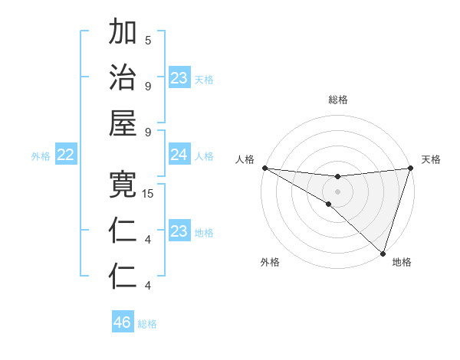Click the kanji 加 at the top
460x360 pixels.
pos(123,33)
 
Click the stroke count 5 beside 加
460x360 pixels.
pos(148,41)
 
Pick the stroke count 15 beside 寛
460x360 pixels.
pos(148,194)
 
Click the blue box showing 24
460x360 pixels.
pos(179,155)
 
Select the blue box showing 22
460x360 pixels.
pos(66,155)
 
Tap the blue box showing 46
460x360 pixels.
pos(123,322)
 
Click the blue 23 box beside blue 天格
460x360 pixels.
pos(179,77)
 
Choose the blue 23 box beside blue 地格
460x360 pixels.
pos(179,231)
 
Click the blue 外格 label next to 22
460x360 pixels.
pos(41,156)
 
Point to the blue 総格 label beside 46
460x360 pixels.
pos(147,324)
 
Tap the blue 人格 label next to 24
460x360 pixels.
pos(204,156)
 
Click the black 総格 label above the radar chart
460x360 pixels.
pos(337,100)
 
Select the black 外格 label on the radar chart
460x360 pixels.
pos(270,262)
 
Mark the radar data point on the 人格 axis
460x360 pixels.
pos(264,167)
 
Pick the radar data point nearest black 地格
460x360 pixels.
pos(383,253)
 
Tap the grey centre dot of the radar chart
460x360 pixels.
pos(337,191)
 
